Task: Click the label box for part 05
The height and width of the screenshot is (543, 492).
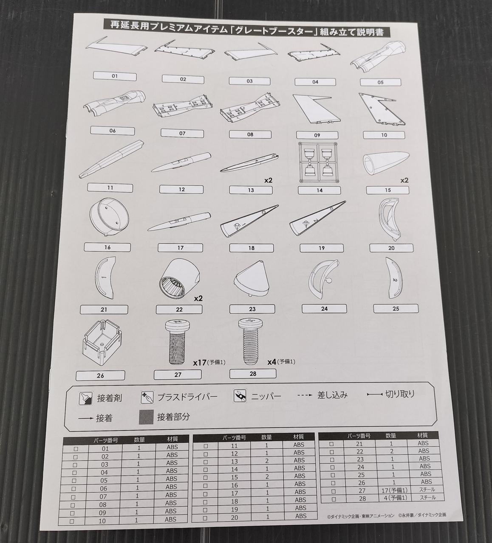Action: [380, 83]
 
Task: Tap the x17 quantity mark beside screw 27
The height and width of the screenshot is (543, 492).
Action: [200, 362]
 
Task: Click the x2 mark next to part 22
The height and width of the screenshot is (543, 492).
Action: [198, 299]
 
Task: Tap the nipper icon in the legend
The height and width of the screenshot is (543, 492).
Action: [240, 396]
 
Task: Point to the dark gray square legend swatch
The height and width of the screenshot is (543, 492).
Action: [146, 417]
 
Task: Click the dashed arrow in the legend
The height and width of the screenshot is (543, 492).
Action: [305, 395]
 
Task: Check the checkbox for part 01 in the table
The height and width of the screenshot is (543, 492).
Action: [76, 449]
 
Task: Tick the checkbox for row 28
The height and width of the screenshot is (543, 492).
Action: [334, 499]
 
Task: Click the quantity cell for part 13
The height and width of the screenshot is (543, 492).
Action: [267, 461]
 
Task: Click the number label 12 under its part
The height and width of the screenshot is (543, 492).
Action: [181, 190]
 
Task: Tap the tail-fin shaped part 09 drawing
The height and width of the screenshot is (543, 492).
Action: [316, 109]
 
